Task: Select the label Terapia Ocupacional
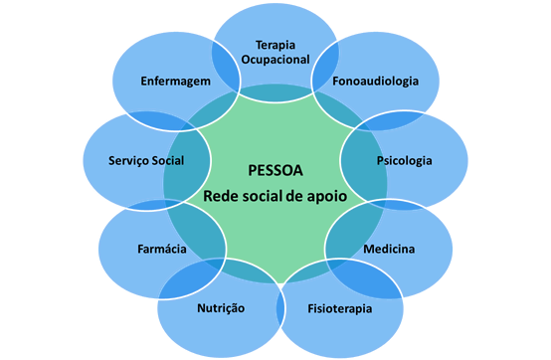click(x=275, y=52)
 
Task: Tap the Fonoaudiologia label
click(x=376, y=81)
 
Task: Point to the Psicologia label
click(x=404, y=160)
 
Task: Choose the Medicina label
click(x=389, y=248)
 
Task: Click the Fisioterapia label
click(x=339, y=308)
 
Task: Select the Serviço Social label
click(x=146, y=160)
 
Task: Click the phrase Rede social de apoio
click(x=275, y=196)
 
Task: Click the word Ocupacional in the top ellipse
click(x=275, y=60)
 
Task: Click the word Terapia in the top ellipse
click(x=275, y=45)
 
